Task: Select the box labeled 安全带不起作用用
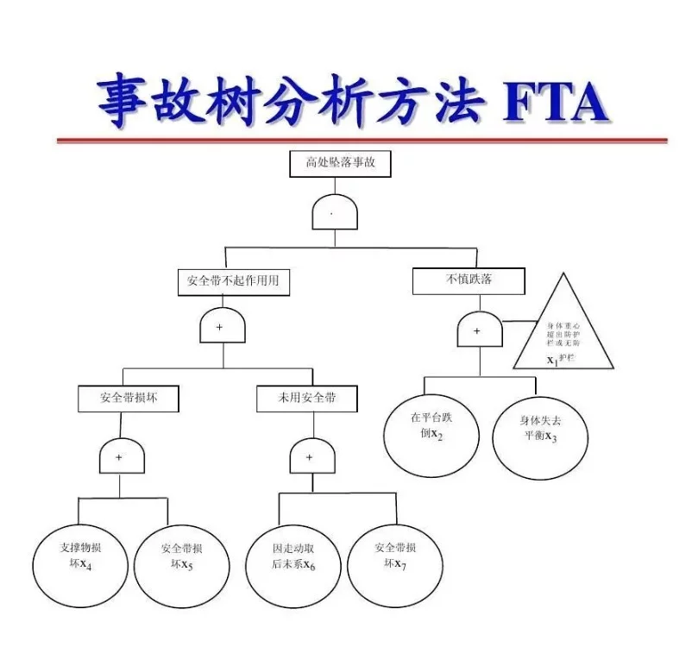[x=233, y=281]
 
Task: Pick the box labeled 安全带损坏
[x=129, y=398]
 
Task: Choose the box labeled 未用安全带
[x=307, y=398]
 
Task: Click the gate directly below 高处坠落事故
[x=335, y=212]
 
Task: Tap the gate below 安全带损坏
[x=122, y=456]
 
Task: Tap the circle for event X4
[x=81, y=556]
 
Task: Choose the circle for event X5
[x=181, y=556]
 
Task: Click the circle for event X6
[x=293, y=556]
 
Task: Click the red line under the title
[x=362, y=140]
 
